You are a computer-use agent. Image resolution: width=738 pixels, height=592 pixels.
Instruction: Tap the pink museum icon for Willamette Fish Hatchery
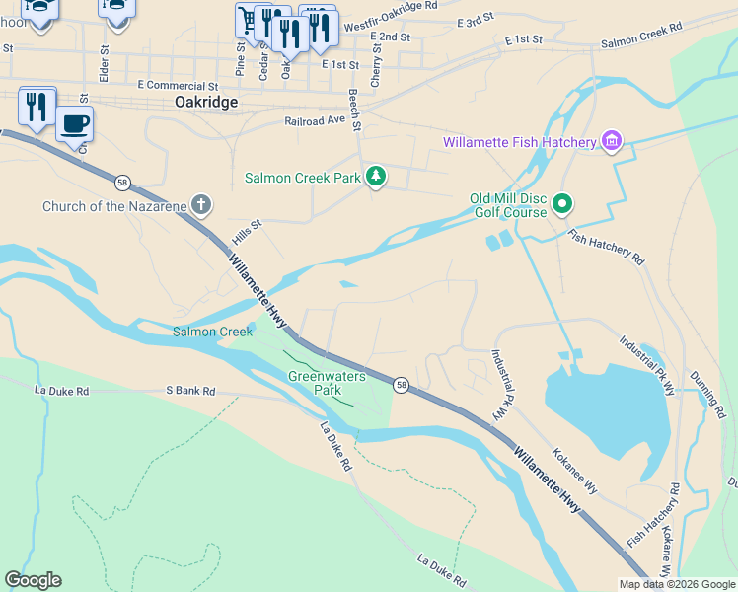point(612,142)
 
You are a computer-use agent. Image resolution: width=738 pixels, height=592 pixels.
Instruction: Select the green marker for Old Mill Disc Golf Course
point(562,205)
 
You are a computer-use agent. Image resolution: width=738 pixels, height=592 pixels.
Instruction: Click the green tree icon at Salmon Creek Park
point(375,178)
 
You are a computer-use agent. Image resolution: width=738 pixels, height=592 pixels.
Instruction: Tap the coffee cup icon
point(75,125)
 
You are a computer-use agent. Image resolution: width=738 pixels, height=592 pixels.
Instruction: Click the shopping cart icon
point(249,20)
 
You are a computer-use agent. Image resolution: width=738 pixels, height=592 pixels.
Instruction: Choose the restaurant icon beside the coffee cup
point(37,106)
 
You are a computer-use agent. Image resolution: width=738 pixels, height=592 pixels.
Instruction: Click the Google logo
point(33,580)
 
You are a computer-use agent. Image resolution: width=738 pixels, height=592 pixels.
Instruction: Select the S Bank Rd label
point(190,391)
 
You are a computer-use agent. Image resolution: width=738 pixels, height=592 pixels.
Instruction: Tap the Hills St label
point(247,233)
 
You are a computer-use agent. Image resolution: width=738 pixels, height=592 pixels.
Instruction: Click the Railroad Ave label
point(316,119)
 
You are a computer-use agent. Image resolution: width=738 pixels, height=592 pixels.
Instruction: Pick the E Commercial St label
point(178,87)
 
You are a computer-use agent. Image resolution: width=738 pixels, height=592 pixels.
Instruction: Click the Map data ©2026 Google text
point(676,584)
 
